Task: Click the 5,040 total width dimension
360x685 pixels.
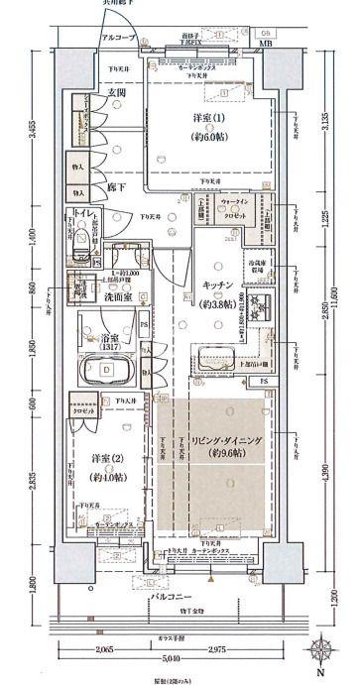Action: point(173,656)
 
